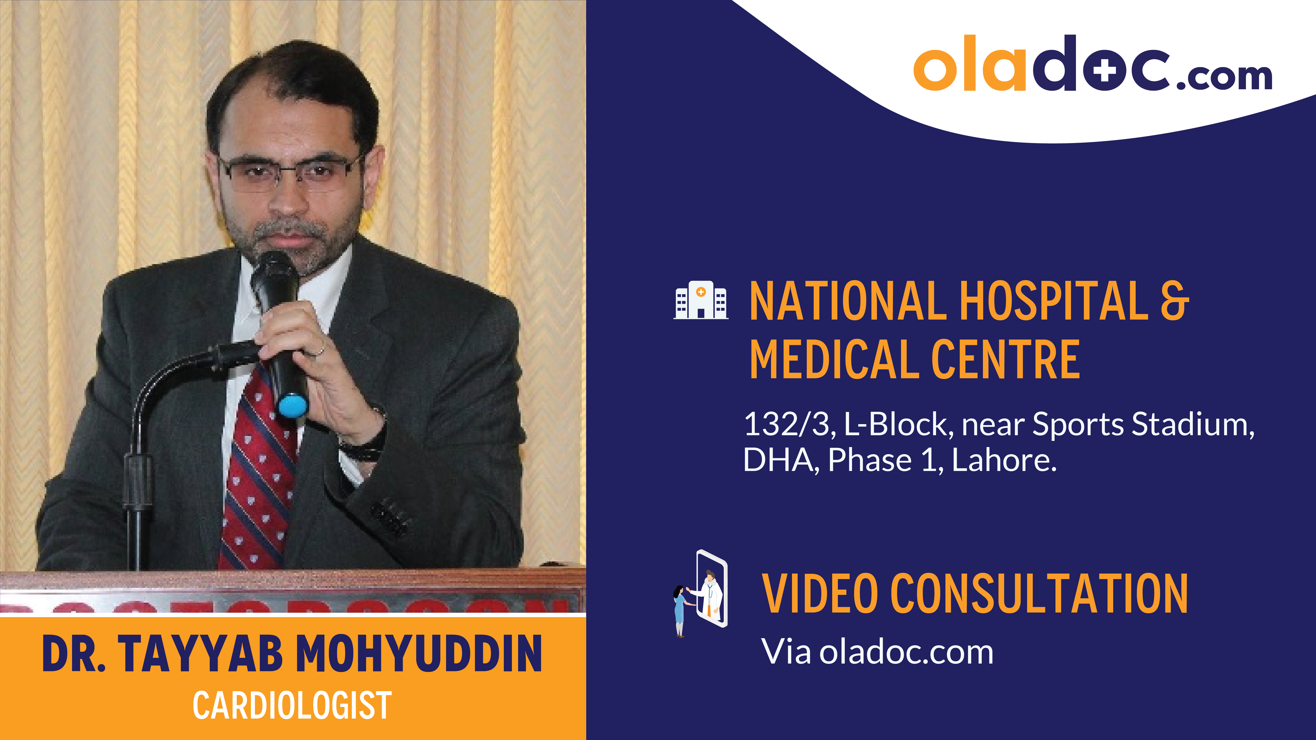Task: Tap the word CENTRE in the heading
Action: tap(1005, 360)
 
